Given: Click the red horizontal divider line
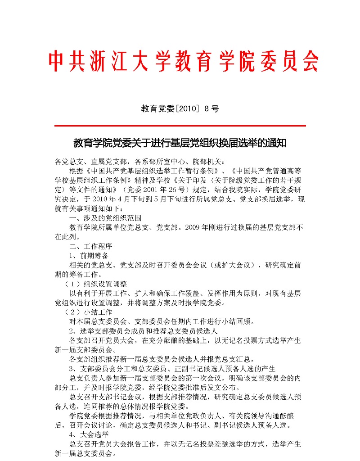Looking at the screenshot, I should click(180, 126).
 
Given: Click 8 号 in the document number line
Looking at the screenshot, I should click(211, 108).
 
